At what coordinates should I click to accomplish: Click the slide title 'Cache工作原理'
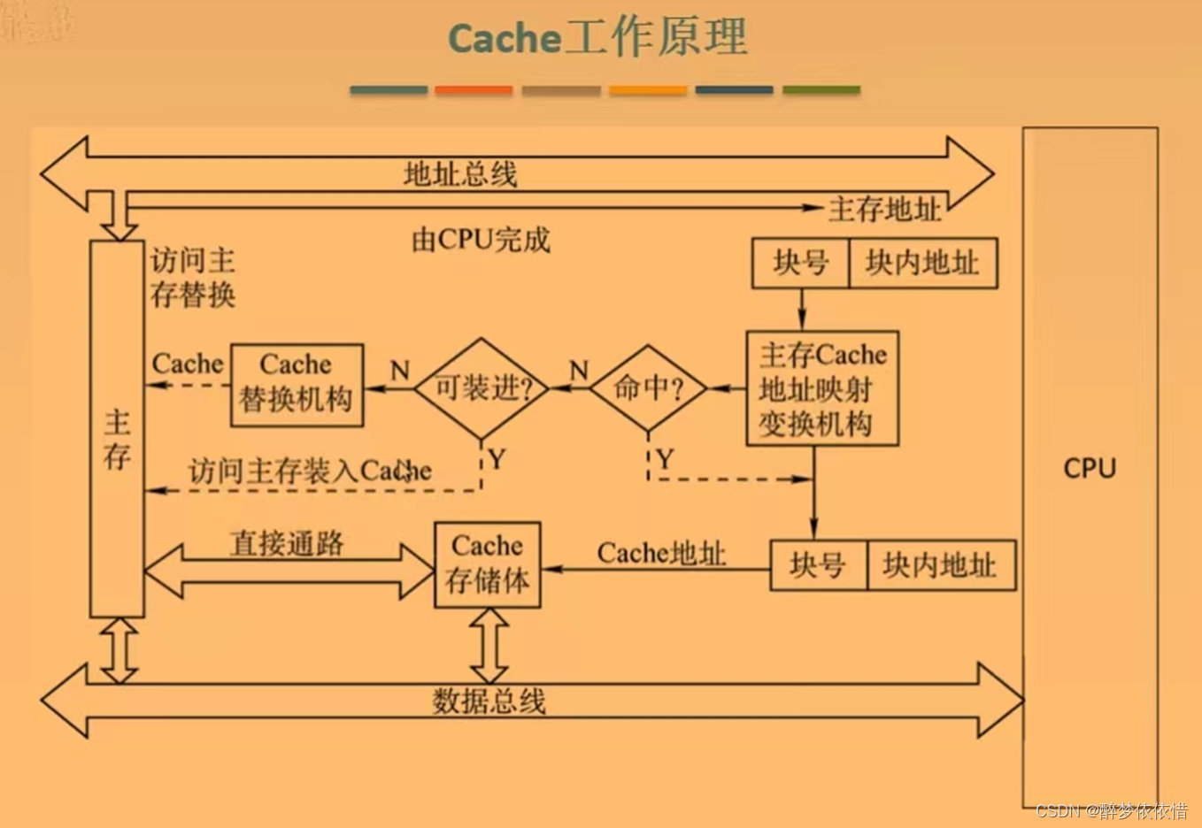click(597, 38)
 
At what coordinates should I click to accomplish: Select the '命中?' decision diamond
click(648, 387)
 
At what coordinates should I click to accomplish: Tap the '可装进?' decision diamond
click(482, 387)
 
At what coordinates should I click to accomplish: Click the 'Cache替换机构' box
click(297, 385)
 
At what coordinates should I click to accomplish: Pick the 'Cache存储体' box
click(487, 564)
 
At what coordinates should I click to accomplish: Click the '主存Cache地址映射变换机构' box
click(822, 388)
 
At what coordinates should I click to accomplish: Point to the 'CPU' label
click(1090, 468)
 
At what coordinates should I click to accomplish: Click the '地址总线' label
click(460, 174)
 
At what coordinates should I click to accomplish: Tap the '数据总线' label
click(489, 701)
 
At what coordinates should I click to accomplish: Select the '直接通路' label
click(287, 543)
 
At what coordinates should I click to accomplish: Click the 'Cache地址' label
click(661, 554)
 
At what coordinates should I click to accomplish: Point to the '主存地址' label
click(884, 210)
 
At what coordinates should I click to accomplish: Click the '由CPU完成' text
click(481, 239)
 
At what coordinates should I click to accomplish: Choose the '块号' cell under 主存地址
click(800, 263)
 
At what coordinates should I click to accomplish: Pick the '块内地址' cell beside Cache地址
click(939, 565)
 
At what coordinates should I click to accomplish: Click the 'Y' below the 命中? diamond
click(665, 458)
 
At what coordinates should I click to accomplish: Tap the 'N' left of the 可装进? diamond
click(400, 370)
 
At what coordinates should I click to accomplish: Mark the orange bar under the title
click(474, 90)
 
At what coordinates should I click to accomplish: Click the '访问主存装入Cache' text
click(310, 471)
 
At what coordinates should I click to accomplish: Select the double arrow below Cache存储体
click(489, 646)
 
